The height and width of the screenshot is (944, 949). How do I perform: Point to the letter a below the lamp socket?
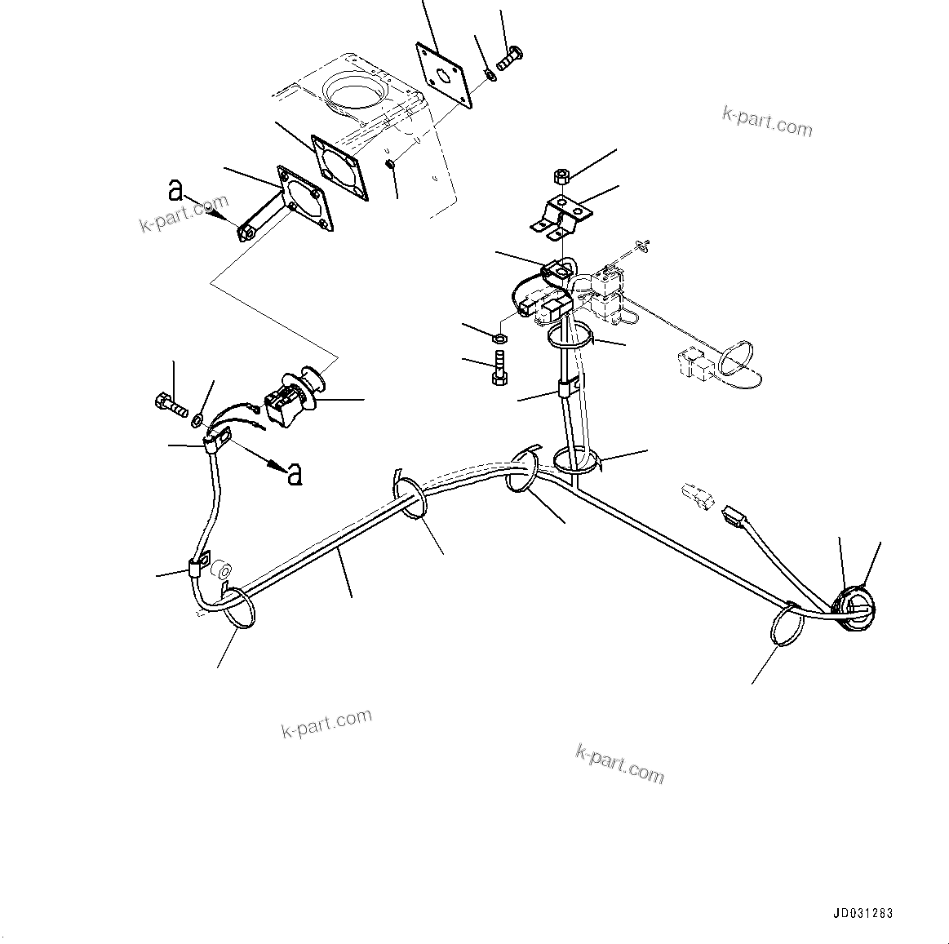295,473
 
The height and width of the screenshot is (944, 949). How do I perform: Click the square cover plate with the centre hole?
446,75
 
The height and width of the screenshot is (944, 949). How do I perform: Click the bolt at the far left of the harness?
169,403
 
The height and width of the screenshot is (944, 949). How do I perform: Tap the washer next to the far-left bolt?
197,420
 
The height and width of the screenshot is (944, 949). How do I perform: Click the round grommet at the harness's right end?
853,606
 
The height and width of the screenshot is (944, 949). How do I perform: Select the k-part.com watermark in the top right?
767,122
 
